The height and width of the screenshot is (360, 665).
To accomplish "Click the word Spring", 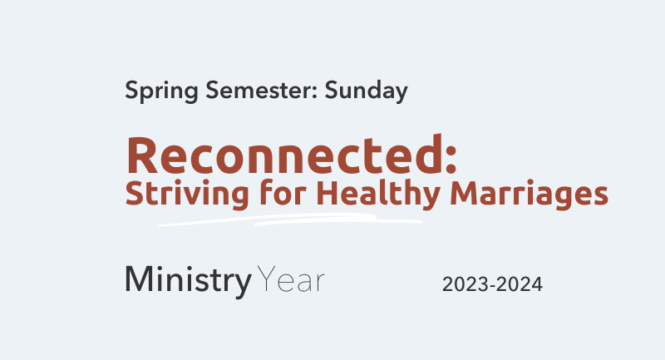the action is [161, 91].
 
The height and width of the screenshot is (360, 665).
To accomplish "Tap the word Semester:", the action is [262, 90].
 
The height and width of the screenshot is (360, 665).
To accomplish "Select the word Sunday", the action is [367, 91].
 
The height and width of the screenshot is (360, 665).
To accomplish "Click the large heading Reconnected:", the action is [292, 155].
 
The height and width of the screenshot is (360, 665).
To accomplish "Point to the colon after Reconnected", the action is [451, 159].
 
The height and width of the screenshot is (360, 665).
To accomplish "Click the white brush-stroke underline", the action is [289, 219].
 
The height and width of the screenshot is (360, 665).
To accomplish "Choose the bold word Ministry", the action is [189, 281].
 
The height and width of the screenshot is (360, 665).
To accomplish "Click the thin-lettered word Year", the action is [291, 279].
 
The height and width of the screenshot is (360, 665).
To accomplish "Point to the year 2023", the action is [465, 284].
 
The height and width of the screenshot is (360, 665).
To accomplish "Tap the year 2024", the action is [519, 284].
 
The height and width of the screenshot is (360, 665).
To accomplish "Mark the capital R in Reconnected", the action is [142, 155].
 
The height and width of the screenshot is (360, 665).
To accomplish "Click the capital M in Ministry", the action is [139, 279].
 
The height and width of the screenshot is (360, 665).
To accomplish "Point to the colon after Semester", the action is [315, 92].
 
